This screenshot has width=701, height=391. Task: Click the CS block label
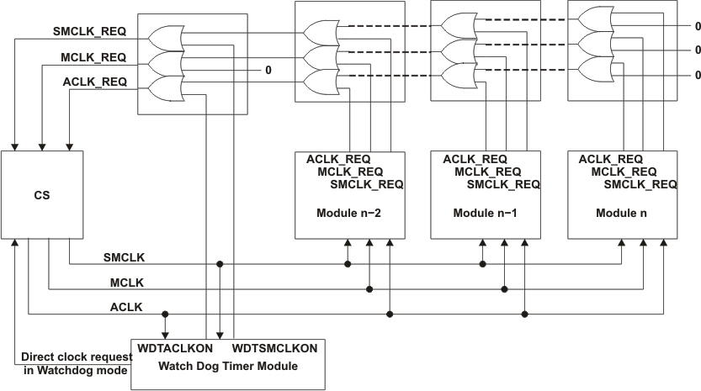(x=41, y=196)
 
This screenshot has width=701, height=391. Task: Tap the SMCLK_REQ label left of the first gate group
(x=90, y=32)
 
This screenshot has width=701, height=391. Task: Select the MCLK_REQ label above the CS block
(x=93, y=57)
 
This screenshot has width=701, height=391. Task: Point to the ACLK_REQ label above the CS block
(x=95, y=82)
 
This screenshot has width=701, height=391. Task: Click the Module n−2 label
(x=348, y=213)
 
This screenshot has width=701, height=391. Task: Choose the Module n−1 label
(x=485, y=213)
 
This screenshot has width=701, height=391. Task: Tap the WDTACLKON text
(x=176, y=348)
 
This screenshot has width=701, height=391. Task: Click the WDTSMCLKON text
(x=274, y=348)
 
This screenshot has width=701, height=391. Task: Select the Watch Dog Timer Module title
(x=226, y=365)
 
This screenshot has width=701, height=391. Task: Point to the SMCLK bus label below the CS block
(x=123, y=256)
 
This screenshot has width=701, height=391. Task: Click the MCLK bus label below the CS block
(x=126, y=282)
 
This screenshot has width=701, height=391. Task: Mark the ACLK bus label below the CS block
(x=126, y=308)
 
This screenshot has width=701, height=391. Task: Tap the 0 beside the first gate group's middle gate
(x=268, y=70)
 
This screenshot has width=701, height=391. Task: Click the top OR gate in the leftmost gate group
(x=163, y=35)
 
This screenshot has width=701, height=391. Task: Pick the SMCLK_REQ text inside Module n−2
(x=366, y=184)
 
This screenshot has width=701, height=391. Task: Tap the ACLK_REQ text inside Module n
(x=611, y=159)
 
